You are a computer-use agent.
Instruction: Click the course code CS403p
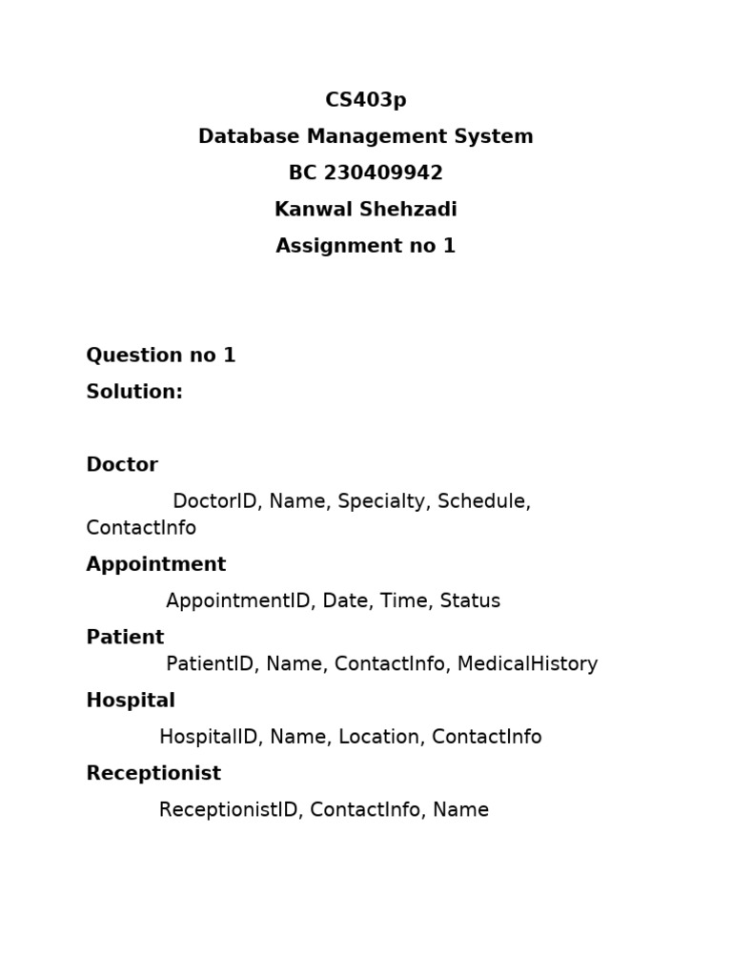[366, 100]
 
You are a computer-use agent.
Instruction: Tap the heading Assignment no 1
[366, 246]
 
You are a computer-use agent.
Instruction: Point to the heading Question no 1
[160, 356]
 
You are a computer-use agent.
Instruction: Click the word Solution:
[134, 392]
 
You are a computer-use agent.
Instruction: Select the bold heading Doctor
[122, 465]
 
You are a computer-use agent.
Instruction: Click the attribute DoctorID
[214, 501]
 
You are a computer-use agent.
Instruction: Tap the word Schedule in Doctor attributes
[481, 501]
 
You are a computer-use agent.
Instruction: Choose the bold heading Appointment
[156, 564]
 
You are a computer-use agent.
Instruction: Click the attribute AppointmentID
[237, 601]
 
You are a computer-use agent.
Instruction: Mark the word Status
[470, 601]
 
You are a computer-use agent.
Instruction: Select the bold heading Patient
[125, 638]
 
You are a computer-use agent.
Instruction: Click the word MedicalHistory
[527, 664]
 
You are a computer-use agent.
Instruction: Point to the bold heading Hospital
[131, 701]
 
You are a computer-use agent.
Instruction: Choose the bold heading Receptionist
[153, 774]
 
